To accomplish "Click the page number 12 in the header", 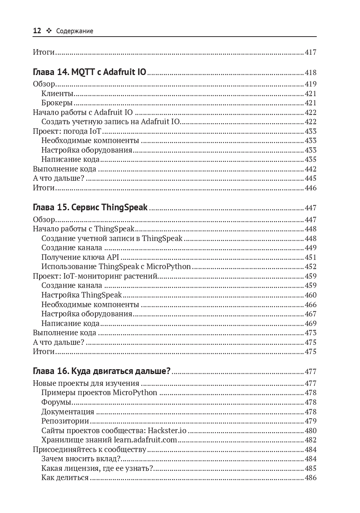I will (37, 31).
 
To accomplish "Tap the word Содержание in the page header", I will (75, 31).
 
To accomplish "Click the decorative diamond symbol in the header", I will (49, 31).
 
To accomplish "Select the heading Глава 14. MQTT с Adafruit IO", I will (89, 72).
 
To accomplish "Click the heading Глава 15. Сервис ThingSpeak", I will (90, 207).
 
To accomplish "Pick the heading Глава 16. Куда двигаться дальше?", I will (102, 371).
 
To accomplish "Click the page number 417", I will (310, 52).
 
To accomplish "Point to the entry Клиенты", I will (57, 94).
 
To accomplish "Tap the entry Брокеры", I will (57, 103).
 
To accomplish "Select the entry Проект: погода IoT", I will (67, 131).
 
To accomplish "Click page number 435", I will (310, 160).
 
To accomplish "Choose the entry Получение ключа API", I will (80, 257).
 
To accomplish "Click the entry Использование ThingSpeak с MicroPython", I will (116, 266).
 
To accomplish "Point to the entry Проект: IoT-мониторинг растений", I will (95, 276).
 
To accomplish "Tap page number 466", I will (310, 305).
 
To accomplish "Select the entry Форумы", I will (56, 402).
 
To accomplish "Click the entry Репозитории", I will (65, 421).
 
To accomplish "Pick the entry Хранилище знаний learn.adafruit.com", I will (109, 440).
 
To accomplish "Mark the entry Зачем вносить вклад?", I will (81, 459).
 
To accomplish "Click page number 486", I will (310, 478).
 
